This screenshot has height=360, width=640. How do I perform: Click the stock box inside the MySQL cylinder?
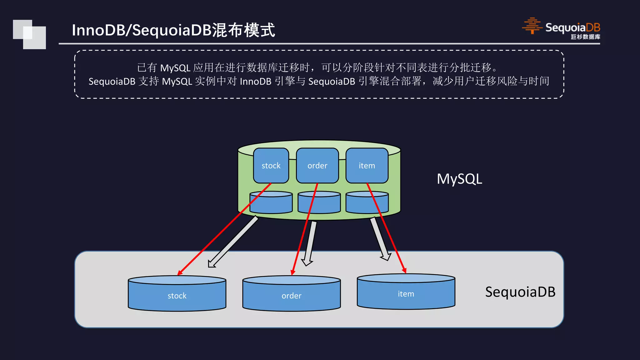[x=271, y=166]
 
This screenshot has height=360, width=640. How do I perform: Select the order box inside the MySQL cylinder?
[x=317, y=166]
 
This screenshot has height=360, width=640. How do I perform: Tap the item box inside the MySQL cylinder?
[x=367, y=166]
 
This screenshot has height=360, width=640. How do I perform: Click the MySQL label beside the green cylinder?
[x=459, y=179]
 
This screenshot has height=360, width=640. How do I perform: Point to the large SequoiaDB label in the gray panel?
[x=520, y=292]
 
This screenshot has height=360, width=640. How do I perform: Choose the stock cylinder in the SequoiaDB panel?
[x=177, y=296]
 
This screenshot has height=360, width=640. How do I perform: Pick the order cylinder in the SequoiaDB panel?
[x=291, y=296]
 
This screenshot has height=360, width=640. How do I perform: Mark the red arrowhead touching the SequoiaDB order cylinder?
[x=293, y=272]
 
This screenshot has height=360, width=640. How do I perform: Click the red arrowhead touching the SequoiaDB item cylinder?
[x=404, y=270]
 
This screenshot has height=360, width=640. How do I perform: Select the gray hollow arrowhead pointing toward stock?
[x=212, y=263]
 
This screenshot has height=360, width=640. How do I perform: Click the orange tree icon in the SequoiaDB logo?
[x=532, y=26]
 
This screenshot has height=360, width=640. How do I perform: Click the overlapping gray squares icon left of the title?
[x=29, y=34]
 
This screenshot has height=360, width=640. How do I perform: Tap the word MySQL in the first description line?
[x=175, y=68]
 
